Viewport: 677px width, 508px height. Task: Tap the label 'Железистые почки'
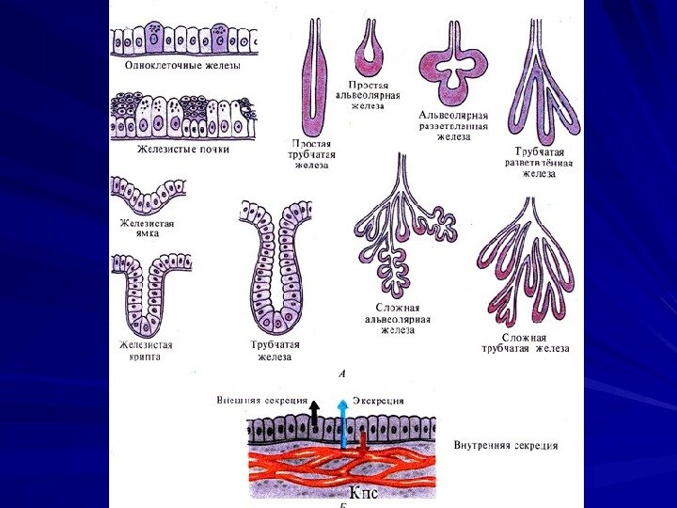pyautogui.click(x=182, y=149)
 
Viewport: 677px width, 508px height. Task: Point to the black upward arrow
pyautogui.click(x=315, y=415)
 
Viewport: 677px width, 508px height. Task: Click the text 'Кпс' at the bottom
pyautogui.click(x=365, y=493)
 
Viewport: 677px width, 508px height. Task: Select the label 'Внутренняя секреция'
pyautogui.click(x=505, y=445)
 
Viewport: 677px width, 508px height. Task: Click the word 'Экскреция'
pyautogui.click(x=378, y=400)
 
